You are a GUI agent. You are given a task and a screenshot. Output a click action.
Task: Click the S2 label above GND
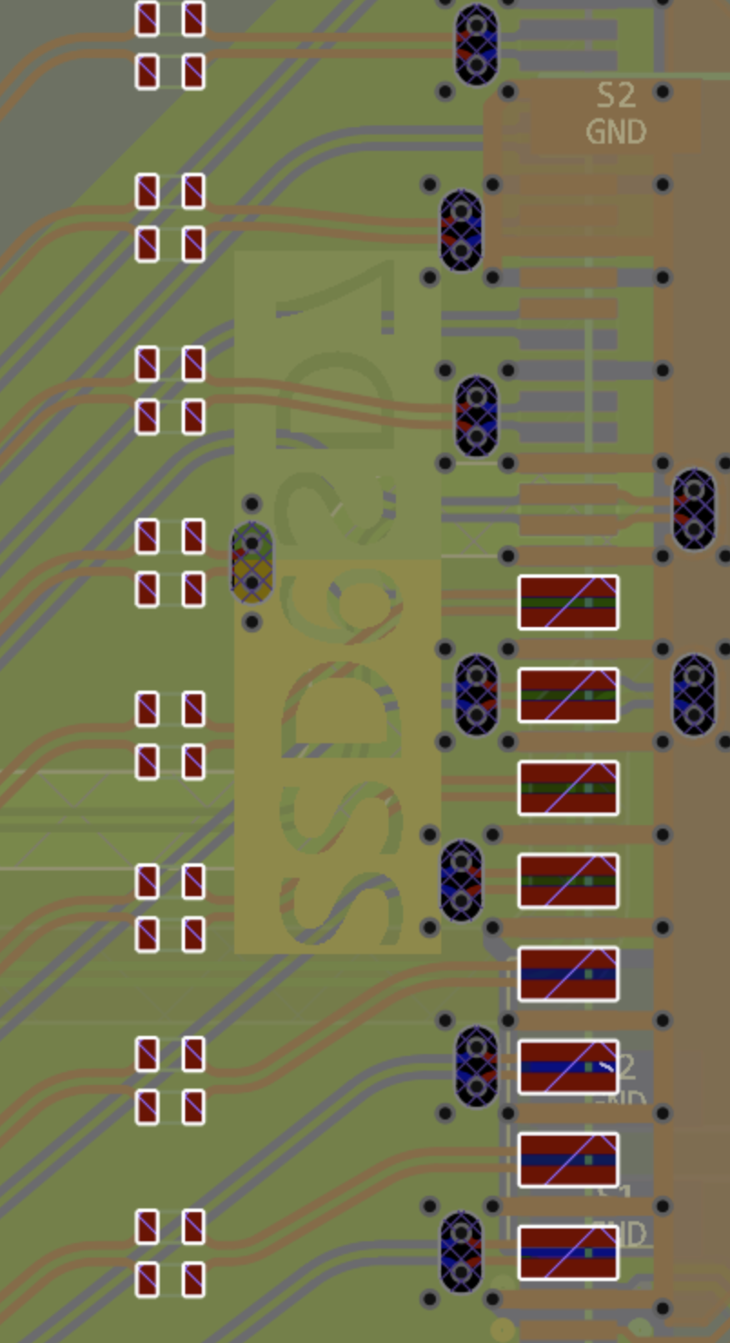pyautogui.click(x=616, y=95)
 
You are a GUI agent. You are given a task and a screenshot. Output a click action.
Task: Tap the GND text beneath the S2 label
pyautogui.click(x=616, y=132)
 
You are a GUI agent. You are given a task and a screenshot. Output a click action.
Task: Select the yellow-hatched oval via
pyautogui.click(x=252, y=562)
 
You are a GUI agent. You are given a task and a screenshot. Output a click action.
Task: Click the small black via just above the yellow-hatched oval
pyautogui.click(x=252, y=503)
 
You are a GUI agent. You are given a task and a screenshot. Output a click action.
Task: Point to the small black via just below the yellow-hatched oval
pyautogui.click(x=252, y=622)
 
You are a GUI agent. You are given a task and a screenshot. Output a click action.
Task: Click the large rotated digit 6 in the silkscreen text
pyautogui.click(x=340, y=627)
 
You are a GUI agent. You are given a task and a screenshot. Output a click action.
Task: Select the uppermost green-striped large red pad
pyautogui.click(x=568, y=602)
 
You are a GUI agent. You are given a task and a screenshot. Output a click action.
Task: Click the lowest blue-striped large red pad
pyautogui.click(x=568, y=1252)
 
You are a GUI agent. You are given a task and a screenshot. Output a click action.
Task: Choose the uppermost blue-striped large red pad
pyautogui.click(x=568, y=974)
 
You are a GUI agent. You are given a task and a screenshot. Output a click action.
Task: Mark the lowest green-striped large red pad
pyautogui.click(x=568, y=880)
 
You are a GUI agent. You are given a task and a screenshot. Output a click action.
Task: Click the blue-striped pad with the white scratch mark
pyautogui.click(x=568, y=1067)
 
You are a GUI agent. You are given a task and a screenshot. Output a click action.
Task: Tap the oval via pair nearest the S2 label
pyautogui.click(x=477, y=45)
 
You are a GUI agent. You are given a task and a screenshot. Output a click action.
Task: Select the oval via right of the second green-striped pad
pyautogui.click(x=695, y=695)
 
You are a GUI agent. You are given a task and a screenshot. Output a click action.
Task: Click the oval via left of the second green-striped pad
pyautogui.click(x=477, y=695)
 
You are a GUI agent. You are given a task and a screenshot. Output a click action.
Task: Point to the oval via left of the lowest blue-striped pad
pyautogui.click(x=461, y=1252)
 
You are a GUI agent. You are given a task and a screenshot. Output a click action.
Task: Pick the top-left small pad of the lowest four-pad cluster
pyautogui.click(x=147, y=1227)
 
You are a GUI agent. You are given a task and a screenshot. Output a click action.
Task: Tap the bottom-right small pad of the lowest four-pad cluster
pyautogui.click(x=193, y=1279)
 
